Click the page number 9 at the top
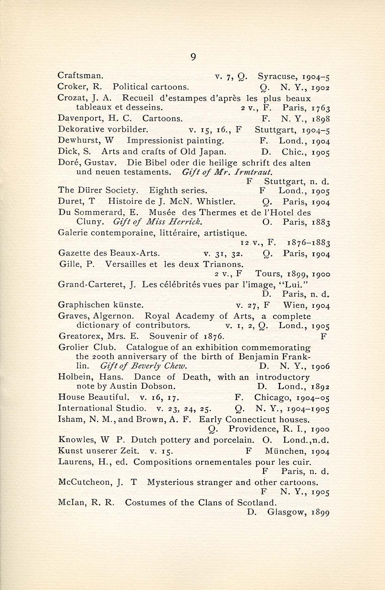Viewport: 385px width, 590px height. (x=193, y=57)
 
